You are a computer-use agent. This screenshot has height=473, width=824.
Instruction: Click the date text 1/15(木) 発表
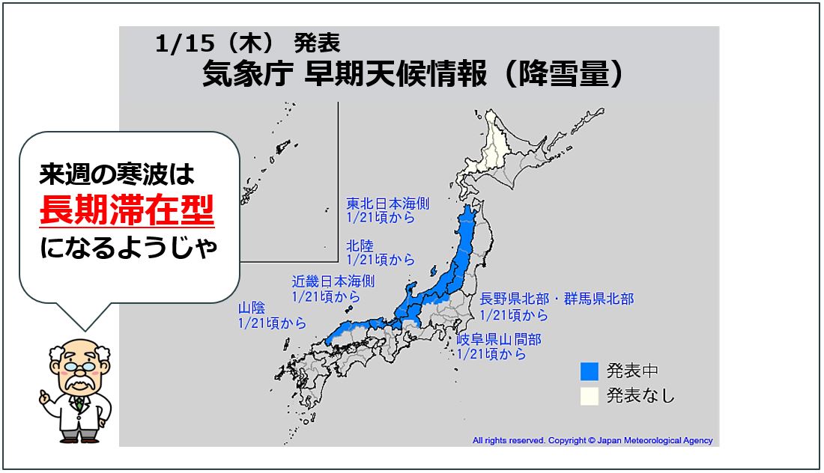(x=248, y=43)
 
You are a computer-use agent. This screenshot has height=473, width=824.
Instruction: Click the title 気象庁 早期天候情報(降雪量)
(x=413, y=74)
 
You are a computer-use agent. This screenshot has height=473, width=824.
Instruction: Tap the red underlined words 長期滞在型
(x=127, y=210)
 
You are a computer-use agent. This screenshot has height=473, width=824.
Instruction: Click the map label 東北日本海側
(x=387, y=203)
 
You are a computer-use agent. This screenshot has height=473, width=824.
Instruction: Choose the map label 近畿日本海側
(x=333, y=281)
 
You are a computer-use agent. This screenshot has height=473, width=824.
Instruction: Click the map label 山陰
(x=252, y=308)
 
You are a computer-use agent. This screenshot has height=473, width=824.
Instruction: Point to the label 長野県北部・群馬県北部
(x=557, y=299)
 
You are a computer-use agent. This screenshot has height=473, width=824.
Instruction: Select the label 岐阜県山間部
(x=499, y=340)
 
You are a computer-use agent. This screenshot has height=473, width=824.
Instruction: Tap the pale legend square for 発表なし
(x=590, y=395)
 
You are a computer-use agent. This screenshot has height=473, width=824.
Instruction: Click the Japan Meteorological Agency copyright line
(x=593, y=441)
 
